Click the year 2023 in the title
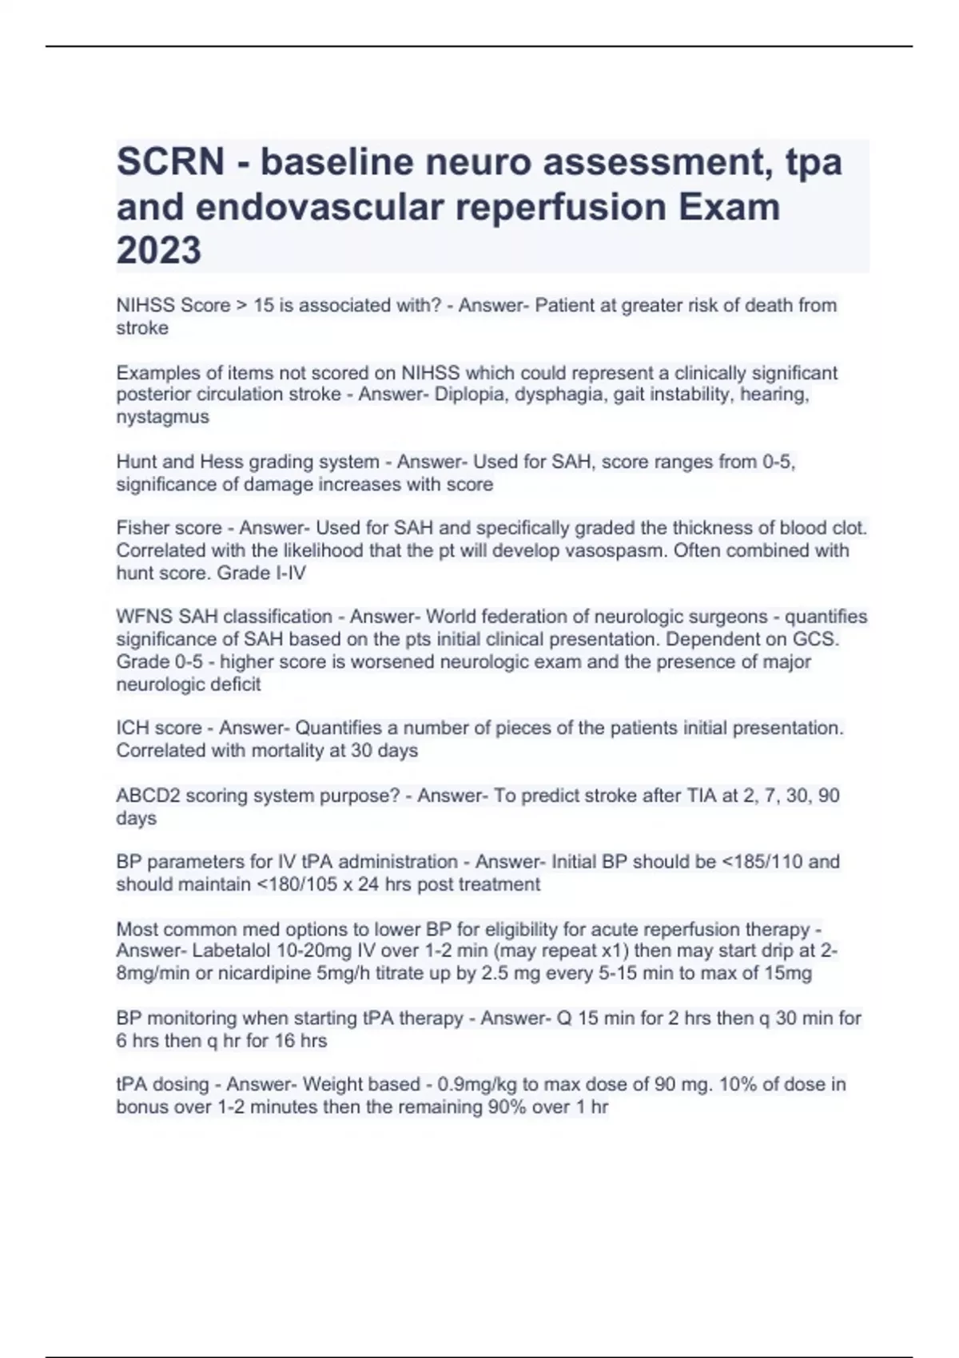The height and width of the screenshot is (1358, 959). coord(159,251)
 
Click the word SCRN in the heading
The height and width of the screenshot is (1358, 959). coord(170,163)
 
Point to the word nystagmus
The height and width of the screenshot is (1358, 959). coord(162,417)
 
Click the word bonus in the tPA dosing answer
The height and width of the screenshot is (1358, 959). coord(141,1107)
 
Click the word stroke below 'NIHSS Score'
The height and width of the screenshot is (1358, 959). coord(142,328)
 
